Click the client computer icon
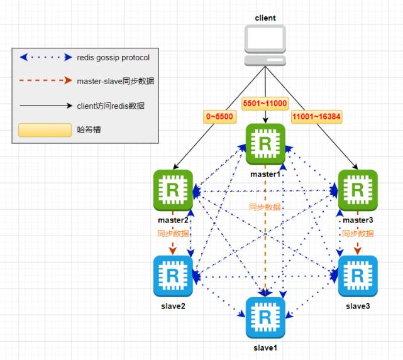265,45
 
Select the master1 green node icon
265,143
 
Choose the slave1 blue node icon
265,316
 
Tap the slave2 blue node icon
174,275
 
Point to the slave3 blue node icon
358,275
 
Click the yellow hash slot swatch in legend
45,130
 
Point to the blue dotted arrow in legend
45,58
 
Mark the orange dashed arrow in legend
45,82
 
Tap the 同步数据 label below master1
264,207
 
